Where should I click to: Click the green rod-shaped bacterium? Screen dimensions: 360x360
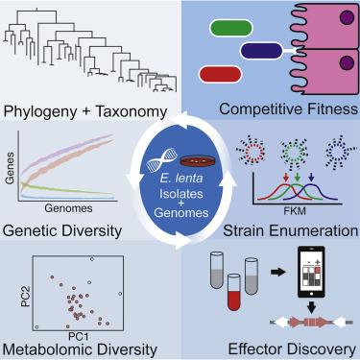231,28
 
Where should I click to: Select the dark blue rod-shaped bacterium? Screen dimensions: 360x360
261,51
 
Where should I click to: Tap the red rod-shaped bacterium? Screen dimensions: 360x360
220,74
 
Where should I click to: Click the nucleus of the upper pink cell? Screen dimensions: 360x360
348,17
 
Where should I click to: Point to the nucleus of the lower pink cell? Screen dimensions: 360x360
348,62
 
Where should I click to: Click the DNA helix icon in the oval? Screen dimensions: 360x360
162,159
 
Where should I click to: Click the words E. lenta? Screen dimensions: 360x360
181,178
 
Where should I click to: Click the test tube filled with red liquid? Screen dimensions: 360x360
234,292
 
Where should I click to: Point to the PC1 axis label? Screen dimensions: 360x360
79,336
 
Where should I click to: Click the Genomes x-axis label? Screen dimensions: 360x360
68,208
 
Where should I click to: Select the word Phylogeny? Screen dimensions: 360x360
40,112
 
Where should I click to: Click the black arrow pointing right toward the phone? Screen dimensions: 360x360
277,273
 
